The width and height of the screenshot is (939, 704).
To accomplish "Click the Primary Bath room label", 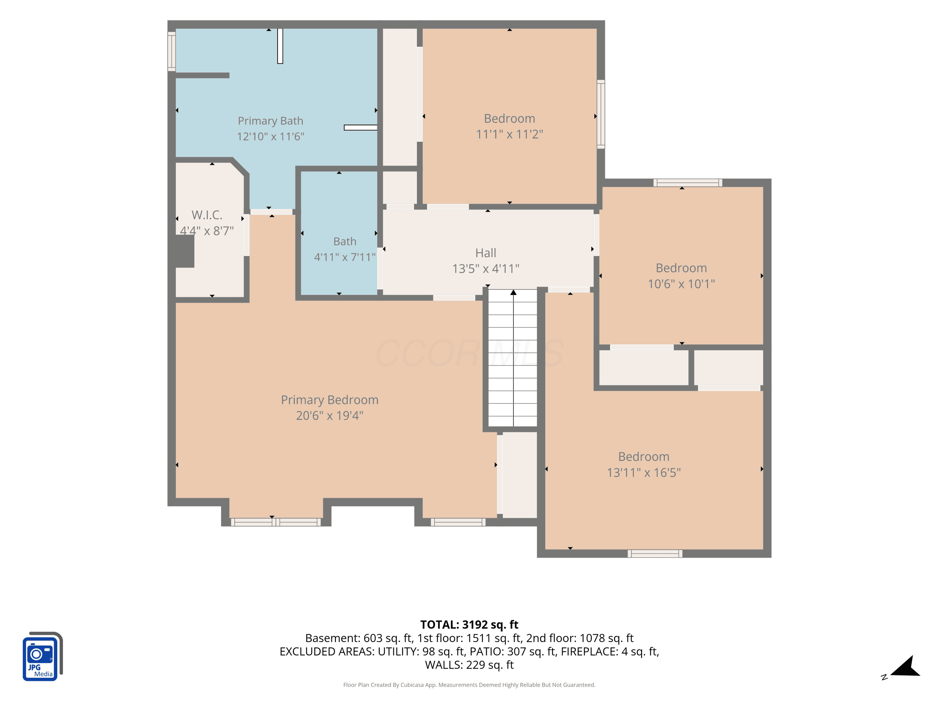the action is click(270, 121).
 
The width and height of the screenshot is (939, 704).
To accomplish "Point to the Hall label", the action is click(486, 253).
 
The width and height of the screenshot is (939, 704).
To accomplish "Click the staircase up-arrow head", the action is click(513, 292).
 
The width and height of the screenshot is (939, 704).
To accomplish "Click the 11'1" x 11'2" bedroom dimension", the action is click(509, 134).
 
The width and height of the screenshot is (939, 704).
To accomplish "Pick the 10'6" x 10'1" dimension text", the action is click(681, 284).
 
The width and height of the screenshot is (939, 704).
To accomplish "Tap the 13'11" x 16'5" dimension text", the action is click(644, 472).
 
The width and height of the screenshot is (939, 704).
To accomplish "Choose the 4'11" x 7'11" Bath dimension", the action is click(345, 257).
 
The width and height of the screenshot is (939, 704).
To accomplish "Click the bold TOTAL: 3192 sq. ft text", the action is click(469, 625).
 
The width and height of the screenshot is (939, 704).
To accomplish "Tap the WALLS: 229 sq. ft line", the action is click(469, 665).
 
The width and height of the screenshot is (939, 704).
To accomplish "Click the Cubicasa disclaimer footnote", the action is click(469, 685).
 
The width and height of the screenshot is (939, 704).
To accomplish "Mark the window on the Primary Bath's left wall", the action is click(172, 51).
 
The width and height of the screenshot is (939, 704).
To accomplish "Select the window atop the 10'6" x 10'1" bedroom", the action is click(688, 183).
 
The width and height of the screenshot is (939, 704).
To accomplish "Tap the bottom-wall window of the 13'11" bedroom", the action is click(655, 554).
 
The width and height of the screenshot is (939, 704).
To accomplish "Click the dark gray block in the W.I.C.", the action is click(185, 251).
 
